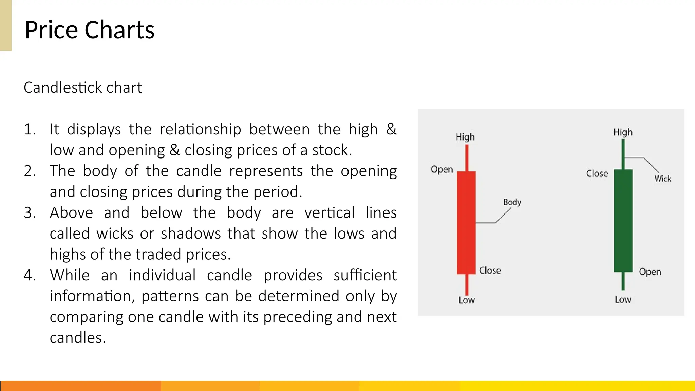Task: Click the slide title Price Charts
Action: [89, 30]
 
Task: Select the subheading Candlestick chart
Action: [83, 88]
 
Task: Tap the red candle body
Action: [466, 222]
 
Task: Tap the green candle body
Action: [623, 221]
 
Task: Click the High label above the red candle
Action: [465, 137]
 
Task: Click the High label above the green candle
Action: [623, 132]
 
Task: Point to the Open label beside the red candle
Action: [442, 169]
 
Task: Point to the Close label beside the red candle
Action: [490, 271]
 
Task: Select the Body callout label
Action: [512, 202]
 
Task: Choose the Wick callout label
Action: [662, 179]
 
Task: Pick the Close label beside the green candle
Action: [597, 173]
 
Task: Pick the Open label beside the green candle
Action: [650, 272]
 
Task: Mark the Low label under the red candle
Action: [467, 300]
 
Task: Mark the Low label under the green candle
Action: [623, 299]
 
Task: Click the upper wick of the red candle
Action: [467, 158]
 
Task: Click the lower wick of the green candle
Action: [623, 281]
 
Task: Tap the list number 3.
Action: [30, 213]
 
